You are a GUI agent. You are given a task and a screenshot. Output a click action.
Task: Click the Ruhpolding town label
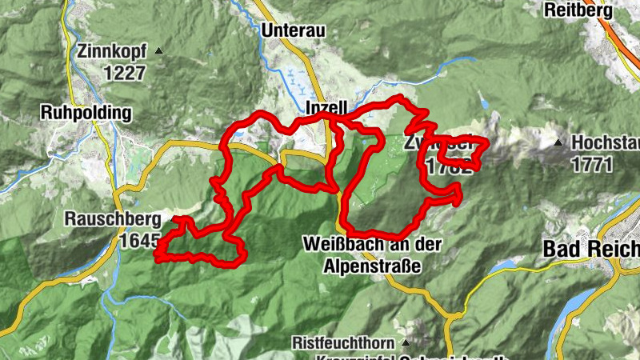[87, 113]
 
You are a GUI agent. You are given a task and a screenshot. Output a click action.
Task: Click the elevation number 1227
[123, 73]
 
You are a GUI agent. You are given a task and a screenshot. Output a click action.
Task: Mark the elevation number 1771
[591, 166]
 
